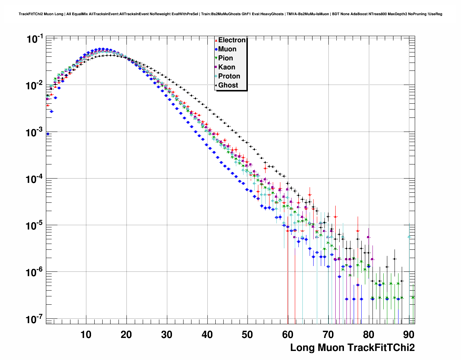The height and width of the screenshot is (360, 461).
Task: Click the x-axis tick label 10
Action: (x=86, y=335)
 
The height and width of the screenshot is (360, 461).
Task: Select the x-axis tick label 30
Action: (x=167, y=335)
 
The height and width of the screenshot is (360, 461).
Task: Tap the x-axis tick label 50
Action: (x=247, y=335)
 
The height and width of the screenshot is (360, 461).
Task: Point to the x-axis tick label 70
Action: (x=328, y=335)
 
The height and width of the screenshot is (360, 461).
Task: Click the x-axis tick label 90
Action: (x=409, y=335)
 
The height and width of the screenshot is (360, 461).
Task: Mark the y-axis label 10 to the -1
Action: (x=35, y=39)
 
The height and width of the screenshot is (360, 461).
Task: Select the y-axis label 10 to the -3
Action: (x=35, y=132)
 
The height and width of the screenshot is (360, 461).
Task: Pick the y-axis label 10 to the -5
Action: (x=35, y=226)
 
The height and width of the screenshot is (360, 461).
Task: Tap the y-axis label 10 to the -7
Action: (x=35, y=319)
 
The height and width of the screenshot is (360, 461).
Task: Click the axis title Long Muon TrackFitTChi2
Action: (x=352, y=348)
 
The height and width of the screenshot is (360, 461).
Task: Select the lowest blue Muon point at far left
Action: (x=48, y=134)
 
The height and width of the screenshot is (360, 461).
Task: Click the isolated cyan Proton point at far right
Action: (x=409, y=237)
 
